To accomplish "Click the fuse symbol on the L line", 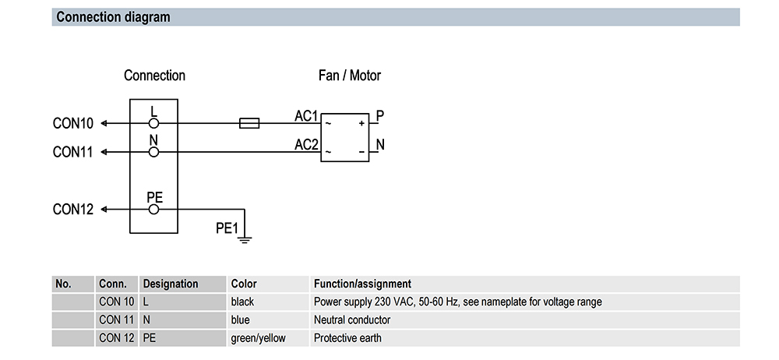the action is tap(249, 123).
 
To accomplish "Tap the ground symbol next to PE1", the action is tap(245, 240).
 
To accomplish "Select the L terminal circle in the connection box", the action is tap(154, 123).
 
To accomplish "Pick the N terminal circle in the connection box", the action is tap(154, 152).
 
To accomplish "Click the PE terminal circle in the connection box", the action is tap(154, 210).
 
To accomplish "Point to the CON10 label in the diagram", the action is tap(73, 123).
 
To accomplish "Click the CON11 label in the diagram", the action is tap(73, 152).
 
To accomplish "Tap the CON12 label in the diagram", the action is tap(73, 210).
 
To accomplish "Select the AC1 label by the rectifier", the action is tap(306, 116).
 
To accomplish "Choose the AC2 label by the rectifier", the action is tap(306, 145).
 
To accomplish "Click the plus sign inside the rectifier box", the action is tap(361, 123).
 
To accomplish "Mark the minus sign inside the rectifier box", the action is tap(361, 152).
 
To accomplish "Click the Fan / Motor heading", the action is tap(350, 76).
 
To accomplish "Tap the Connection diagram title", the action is tap(113, 17).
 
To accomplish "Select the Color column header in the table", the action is tap(244, 284).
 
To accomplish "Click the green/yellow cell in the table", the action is tap(259, 339).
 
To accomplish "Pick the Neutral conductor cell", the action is tap(352, 319).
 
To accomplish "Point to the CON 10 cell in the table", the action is tap(117, 302).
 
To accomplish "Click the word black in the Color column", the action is tap(242, 302).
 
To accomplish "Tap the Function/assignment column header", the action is tap(363, 284).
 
